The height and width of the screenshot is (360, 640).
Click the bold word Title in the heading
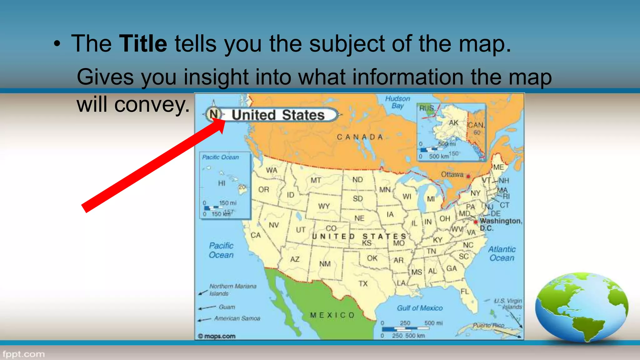point(143,43)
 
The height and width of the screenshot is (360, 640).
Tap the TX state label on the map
point(363,283)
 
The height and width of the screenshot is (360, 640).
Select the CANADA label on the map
point(360,137)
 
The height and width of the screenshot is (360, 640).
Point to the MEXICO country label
point(332,315)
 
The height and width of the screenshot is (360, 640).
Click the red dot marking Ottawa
point(468,177)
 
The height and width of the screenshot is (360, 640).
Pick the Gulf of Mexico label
point(420,308)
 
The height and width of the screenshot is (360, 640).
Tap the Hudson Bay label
point(397,102)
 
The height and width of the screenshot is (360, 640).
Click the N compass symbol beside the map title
point(214,114)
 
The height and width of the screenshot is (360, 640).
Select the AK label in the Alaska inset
point(453,123)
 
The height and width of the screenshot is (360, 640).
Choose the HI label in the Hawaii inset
point(222,183)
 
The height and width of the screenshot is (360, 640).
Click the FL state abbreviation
point(465,292)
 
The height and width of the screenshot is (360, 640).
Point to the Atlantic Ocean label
point(502,253)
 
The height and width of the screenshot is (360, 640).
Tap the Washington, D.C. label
point(500,224)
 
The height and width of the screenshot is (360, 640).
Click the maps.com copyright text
point(217,336)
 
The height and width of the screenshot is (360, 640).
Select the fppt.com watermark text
point(24,354)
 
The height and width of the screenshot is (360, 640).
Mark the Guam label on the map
point(227,307)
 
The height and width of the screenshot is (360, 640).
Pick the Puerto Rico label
point(488,325)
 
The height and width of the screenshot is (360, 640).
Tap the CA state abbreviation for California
point(256,235)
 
